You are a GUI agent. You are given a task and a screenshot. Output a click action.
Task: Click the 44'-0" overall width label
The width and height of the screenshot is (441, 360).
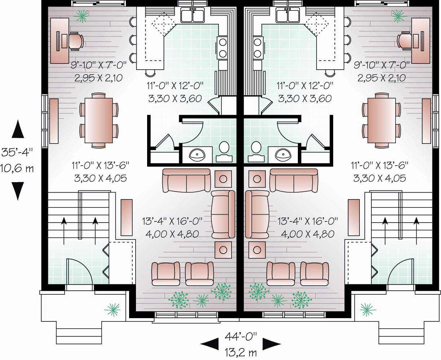click(x=241, y=337)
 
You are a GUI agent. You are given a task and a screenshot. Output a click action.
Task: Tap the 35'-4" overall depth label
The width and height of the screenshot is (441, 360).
click(x=18, y=152)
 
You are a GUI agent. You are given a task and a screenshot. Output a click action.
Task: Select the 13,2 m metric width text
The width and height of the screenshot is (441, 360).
click(x=241, y=352)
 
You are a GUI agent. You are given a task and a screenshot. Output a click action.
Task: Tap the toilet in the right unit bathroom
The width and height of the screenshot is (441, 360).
click(x=256, y=147)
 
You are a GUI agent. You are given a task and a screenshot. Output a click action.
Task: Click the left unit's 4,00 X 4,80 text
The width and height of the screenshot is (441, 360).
click(x=172, y=234)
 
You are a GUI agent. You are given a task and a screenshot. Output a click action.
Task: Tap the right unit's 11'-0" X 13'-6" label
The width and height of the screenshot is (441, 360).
click(x=380, y=166)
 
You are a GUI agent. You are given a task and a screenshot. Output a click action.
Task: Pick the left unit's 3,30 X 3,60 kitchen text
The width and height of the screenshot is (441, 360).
click(x=175, y=98)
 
